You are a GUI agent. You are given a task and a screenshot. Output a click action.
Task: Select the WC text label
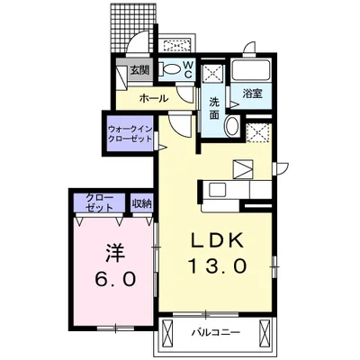(x=188, y=69)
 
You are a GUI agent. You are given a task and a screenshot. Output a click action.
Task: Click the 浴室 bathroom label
(x=251, y=93)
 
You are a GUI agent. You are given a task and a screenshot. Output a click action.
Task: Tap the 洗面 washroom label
(x=214, y=107)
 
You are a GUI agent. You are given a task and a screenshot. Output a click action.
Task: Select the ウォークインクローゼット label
(x=129, y=133)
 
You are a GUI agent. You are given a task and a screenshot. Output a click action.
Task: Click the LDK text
(x=215, y=242)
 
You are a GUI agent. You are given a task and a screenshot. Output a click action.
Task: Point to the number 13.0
(x=216, y=266)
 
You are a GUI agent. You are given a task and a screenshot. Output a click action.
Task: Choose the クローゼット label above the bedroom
(x=100, y=202)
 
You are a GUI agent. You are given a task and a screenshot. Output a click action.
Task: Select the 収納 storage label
(x=141, y=203)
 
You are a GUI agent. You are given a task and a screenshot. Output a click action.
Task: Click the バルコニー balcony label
(x=215, y=333)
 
